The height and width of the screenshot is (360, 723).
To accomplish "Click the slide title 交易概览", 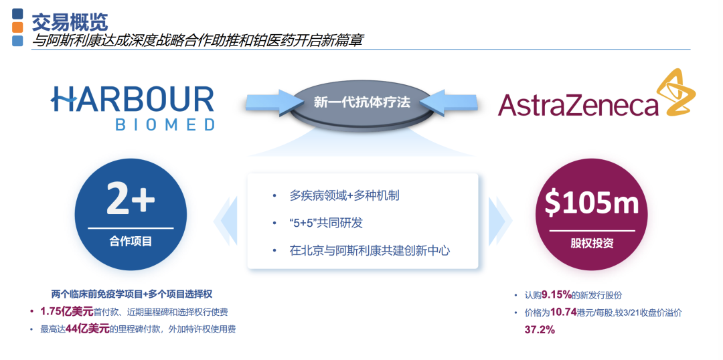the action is click(70, 21).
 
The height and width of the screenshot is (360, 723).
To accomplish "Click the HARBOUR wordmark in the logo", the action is click(133, 99).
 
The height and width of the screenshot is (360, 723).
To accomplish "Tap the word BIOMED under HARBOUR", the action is click(165, 125).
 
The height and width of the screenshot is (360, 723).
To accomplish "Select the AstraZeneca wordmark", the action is click(578, 104).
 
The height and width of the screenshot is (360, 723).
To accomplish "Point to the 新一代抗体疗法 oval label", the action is click(361, 102).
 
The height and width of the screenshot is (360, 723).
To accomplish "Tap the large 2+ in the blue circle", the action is click(131, 198).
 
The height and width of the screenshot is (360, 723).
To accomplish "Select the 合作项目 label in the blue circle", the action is click(131, 241).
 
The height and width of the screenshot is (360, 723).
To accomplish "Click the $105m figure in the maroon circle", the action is click(592, 202).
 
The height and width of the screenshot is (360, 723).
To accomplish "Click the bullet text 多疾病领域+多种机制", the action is click(345, 195).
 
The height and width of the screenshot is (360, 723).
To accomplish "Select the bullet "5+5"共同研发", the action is click(326, 223).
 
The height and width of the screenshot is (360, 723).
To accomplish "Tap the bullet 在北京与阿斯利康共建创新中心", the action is click(370, 251).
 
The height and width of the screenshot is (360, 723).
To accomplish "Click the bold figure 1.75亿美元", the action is click(66, 312).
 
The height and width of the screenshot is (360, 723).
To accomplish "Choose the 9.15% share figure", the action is click(556, 294).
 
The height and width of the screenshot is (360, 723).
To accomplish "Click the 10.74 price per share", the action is click(564, 312).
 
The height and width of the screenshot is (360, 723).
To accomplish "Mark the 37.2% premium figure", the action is click(540, 330).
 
